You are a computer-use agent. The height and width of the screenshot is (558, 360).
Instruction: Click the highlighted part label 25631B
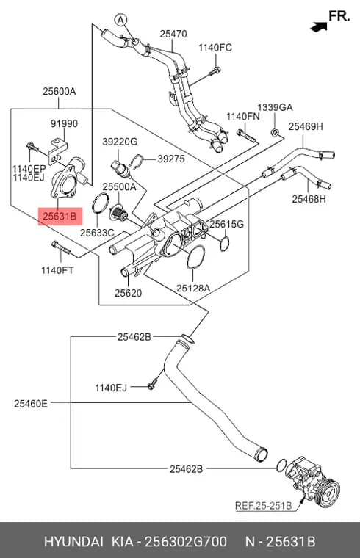pos(60,217)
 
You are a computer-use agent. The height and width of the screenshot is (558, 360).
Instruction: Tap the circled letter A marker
pos(121,20)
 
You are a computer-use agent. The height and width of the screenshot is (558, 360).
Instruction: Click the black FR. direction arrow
pos(319,26)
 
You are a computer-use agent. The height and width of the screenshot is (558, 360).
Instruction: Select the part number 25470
pos(173,34)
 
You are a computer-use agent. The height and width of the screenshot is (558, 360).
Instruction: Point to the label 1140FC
pos(215,48)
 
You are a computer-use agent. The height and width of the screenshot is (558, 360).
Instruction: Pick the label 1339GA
pos(275,107)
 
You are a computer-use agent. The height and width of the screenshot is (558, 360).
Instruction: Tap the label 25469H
pos(306,126)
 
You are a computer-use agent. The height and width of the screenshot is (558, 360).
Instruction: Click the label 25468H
pos(309,199)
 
